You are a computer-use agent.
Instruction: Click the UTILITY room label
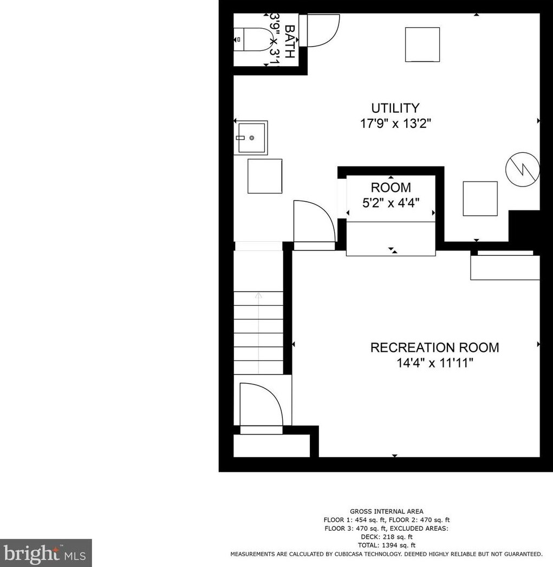395,108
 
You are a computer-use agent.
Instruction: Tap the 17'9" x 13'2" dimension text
395,124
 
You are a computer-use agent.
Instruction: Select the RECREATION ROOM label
434,347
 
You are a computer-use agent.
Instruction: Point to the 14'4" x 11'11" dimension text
434,363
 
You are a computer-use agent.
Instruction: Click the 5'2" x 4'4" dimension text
391,203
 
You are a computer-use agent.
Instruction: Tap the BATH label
290,42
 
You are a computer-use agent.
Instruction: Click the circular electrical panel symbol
522,170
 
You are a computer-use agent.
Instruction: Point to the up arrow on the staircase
258,296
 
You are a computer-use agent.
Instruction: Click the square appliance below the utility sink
264,176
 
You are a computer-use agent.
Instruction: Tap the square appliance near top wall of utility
422,44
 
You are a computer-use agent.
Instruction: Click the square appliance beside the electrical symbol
480,198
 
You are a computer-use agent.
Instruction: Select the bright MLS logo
45,553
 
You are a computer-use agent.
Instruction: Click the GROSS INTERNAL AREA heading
386,511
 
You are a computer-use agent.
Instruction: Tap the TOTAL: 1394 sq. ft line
386,545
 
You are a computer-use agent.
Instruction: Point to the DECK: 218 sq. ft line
386,537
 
